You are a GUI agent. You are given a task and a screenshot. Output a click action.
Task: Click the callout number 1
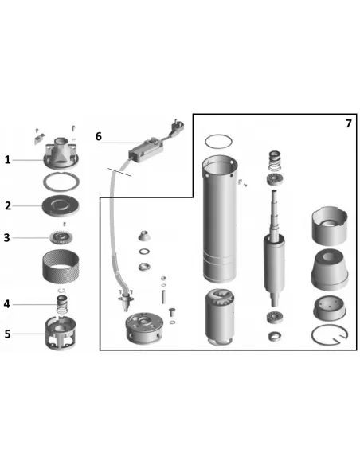pos(7,160)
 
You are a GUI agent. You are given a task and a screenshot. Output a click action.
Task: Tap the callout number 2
pos(8,205)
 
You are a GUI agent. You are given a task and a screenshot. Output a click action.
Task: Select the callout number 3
pos(7,238)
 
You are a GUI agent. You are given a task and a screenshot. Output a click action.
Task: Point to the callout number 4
pos(7,304)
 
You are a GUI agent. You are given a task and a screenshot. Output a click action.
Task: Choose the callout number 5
pos(7,334)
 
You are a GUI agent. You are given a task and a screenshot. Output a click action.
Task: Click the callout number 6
pos(99,136)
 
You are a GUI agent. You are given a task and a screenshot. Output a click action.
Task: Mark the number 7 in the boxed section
pos(349,123)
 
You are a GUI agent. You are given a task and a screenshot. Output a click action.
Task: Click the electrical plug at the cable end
pos(177,126)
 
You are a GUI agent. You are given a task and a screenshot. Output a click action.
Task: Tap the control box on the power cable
pos(147,150)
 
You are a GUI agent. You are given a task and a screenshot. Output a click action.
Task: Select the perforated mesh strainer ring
pos(61,266)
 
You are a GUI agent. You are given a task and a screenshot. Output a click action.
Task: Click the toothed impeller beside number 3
pos(61,238)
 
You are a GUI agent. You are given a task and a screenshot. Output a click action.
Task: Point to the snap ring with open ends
pos(330,335)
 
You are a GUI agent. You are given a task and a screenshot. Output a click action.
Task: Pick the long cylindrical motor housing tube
pos(220,219)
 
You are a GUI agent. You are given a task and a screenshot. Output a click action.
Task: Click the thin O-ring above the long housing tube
pos(218,142)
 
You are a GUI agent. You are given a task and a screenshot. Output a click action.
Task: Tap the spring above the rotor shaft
pos(275,161)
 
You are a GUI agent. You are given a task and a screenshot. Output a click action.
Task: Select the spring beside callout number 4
pos(62,304)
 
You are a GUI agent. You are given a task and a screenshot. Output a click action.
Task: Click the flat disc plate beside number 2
pos(61,205)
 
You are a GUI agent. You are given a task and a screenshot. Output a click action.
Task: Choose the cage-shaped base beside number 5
pos(61,333)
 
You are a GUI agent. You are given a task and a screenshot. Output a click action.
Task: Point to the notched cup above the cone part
pos(330,225)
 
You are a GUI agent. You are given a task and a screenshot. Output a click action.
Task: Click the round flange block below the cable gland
pos(144,328)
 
